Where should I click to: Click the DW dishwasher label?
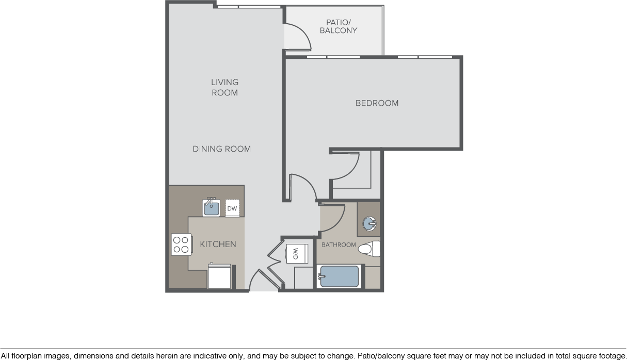pyautogui.click(x=232, y=208)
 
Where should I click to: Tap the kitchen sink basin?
pyautogui.click(x=212, y=208)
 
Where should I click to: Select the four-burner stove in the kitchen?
pyautogui.click(x=181, y=244)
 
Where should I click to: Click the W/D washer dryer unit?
pyautogui.click(x=297, y=254)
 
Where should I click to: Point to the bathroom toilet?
pyautogui.click(x=369, y=249)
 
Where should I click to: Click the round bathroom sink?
pyautogui.click(x=369, y=224)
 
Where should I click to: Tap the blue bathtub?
pyautogui.click(x=339, y=276)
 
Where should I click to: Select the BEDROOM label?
pyautogui.click(x=377, y=103)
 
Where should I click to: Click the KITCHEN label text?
pyautogui.click(x=218, y=244)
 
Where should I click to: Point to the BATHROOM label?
pyautogui.click(x=339, y=245)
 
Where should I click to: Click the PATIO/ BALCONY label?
pyautogui.click(x=339, y=26)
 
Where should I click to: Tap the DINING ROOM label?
pyautogui.click(x=222, y=149)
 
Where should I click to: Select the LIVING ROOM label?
pyautogui.click(x=225, y=87)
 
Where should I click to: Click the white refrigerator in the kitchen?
pyautogui.click(x=219, y=276)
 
